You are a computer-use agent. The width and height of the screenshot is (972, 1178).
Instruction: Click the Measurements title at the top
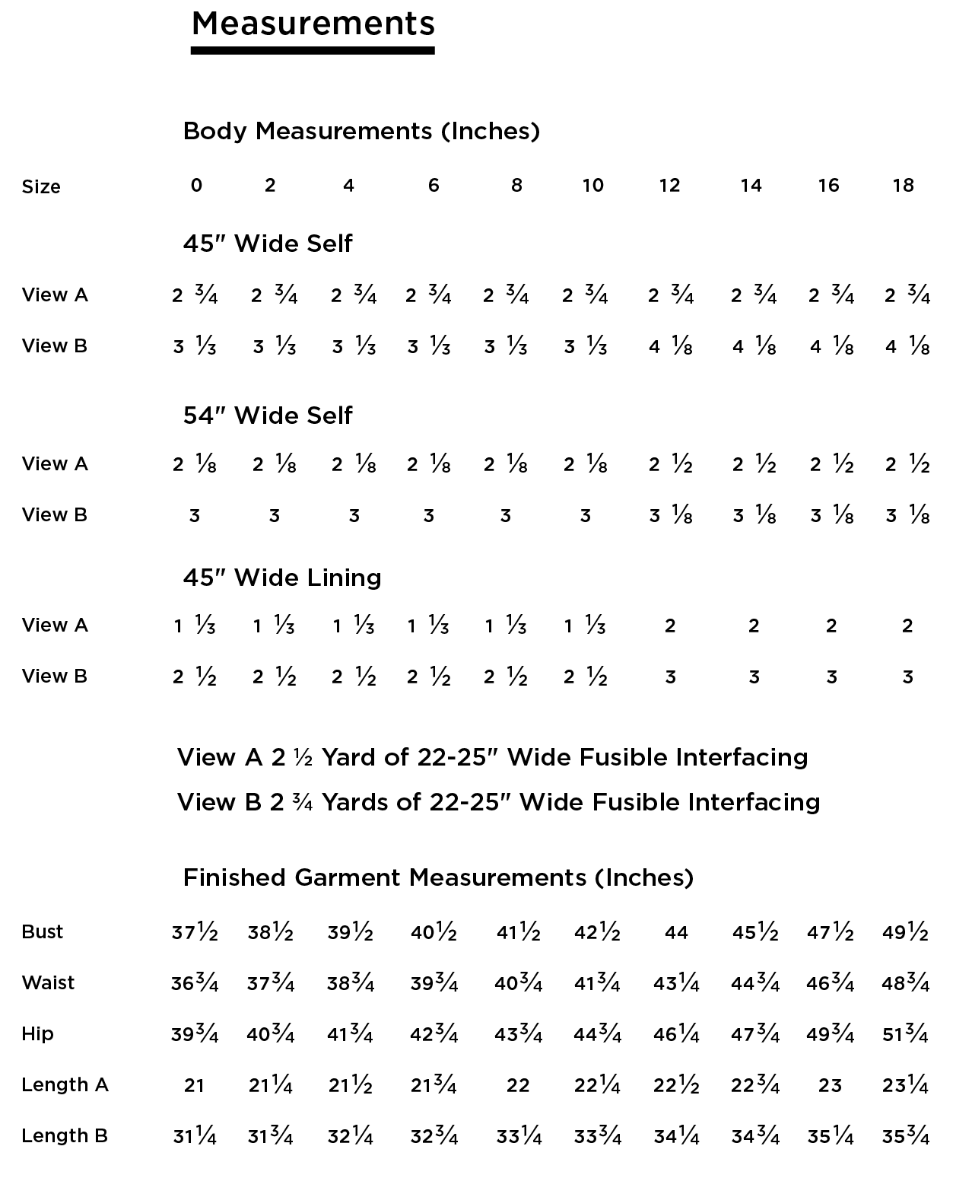(313, 24)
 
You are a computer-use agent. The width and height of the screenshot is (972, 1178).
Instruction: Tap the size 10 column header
(592, 186)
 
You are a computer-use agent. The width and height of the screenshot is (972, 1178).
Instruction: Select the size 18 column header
(903, 186)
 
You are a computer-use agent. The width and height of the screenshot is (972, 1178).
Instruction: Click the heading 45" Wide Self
(268, 244)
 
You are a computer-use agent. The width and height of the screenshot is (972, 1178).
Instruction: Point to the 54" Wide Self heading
(268, 415)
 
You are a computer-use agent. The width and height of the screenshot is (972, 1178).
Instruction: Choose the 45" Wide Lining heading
(282, 578)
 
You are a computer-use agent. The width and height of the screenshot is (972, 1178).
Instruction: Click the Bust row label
(43, 931)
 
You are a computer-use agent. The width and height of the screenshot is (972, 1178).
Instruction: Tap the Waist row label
(48, 982)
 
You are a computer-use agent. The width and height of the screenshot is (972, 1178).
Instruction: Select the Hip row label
(37, 1033)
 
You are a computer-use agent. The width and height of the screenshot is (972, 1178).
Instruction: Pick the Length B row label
(65, 1135)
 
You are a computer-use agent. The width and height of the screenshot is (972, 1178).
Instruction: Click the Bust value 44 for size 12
(676, 933)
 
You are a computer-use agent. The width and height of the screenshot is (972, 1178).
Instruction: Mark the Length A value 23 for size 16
(830, 1085)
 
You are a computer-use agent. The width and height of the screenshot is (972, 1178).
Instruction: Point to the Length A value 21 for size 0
(194, 1085)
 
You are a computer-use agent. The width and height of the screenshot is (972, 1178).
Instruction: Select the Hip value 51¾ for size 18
(905, 1034)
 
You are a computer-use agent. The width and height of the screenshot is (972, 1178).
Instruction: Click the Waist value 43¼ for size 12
(676, 983)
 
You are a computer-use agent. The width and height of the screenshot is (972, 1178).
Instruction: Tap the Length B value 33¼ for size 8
(519, 1136)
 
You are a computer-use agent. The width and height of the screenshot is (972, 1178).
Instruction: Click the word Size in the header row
(41, 187)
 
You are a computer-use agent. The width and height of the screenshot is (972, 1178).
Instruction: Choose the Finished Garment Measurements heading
(438, 877)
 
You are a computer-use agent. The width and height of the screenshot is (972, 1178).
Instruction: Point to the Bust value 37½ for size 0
(195, 933)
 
